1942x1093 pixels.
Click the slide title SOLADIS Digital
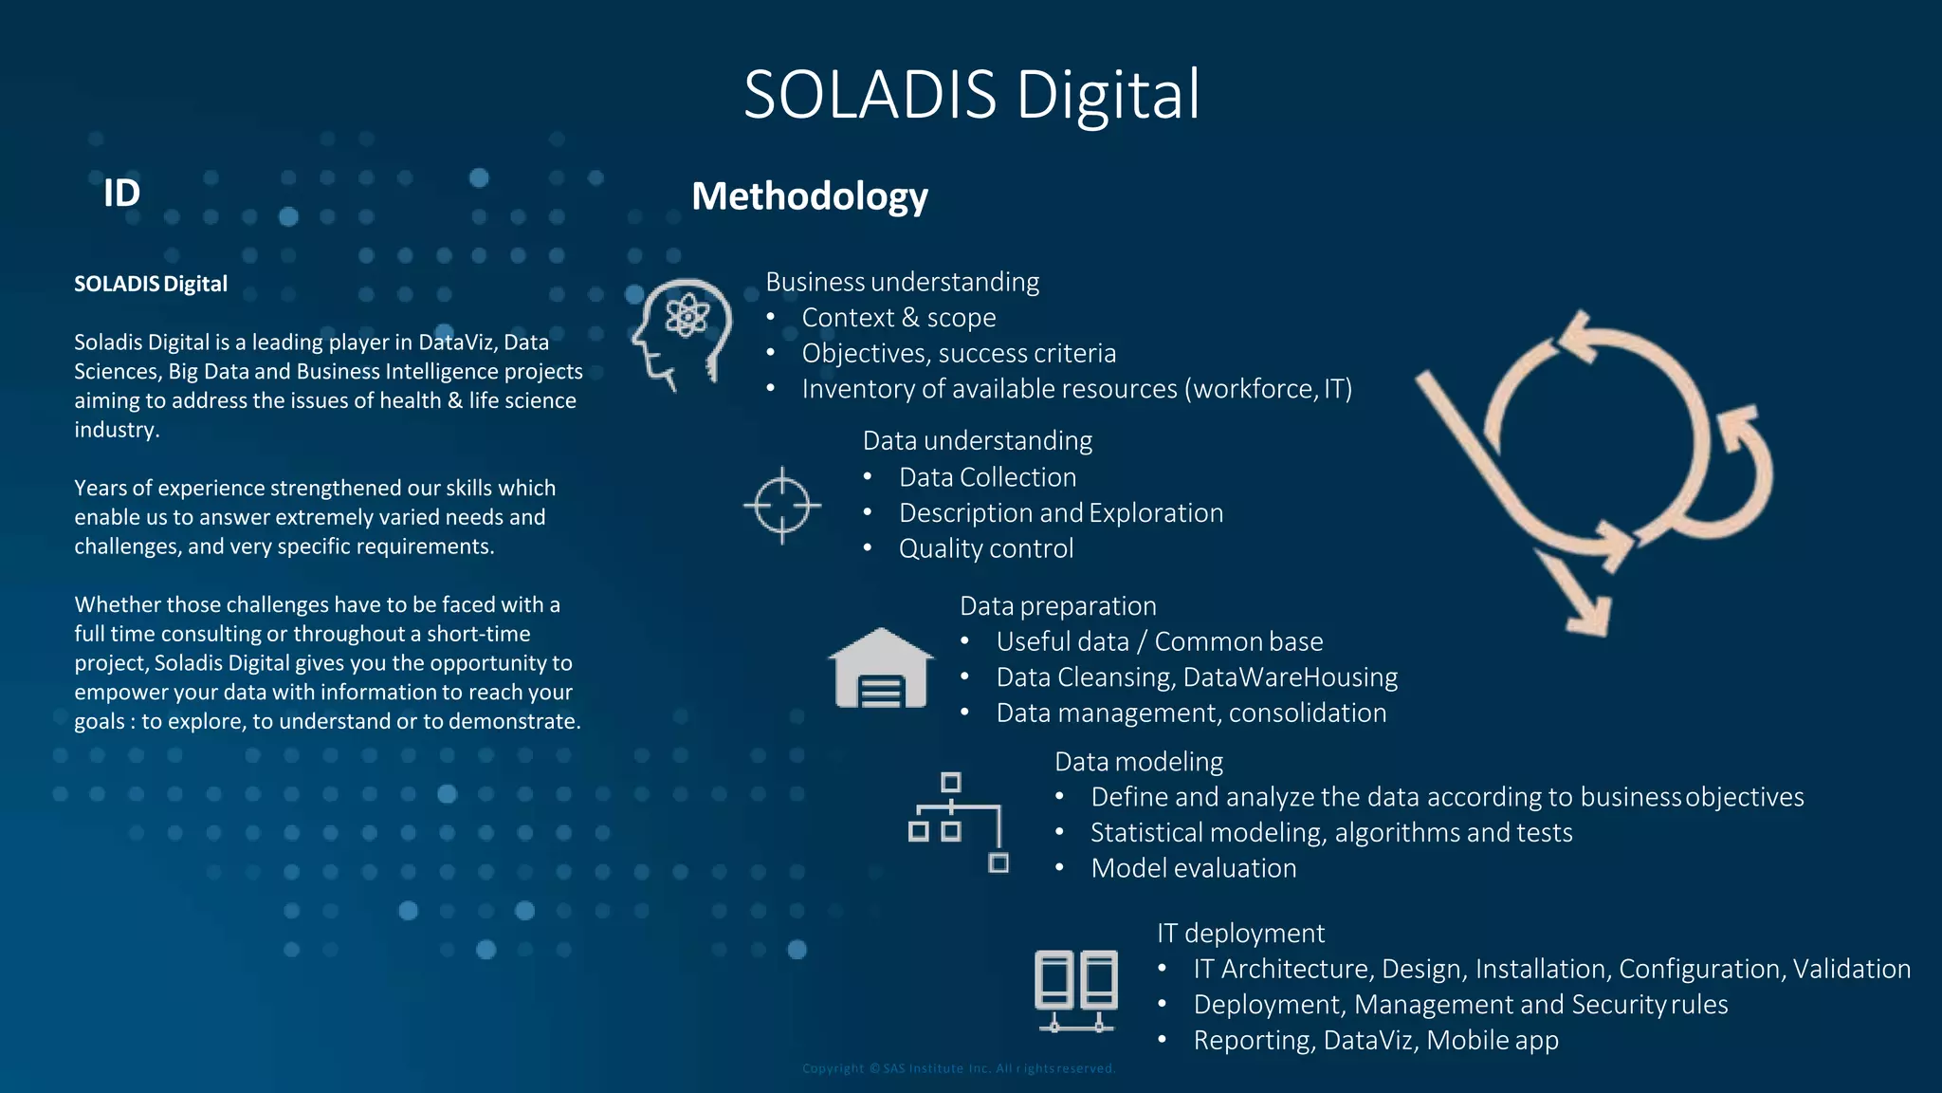click(x=971, y=95)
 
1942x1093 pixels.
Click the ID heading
click(x=121, y=193)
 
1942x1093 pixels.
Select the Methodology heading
click(x=809, y=196)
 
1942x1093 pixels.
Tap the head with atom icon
click(x=682, y=333)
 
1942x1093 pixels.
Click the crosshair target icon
click(x=782, y=505)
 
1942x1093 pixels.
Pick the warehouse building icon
click(x=880, y=669)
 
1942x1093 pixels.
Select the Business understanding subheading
click(x=902, y=282)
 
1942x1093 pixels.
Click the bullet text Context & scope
click(x=898, y=318)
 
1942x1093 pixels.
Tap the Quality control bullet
click(x=985, y=548)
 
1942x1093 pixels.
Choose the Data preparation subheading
click(x=1057, y=605)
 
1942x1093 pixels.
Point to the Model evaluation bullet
click(x=1193, y=868)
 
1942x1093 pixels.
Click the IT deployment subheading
click(x=1239, y=933)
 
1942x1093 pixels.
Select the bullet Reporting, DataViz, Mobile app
click(x=1375, y=1040)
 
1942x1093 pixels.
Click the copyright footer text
click(x=958, y=1068)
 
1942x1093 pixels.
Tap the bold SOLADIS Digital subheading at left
click(x=151, y=284)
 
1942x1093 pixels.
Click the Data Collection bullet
click(x=987, y=477)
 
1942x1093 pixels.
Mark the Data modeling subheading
click(x=1138, y=761)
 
